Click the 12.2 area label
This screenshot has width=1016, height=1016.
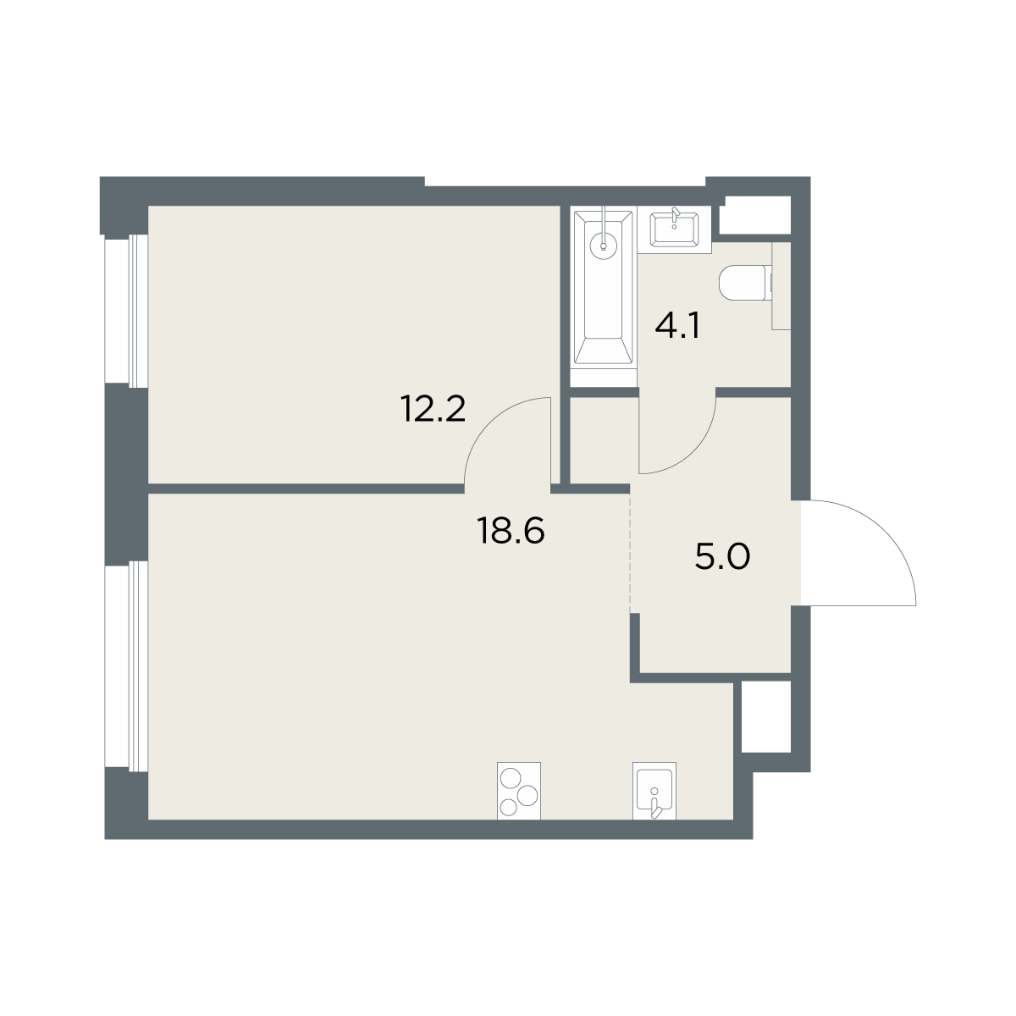tap(433, 409)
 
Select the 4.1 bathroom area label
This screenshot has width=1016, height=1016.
tap(677, 326)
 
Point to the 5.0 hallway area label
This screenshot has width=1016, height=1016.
tap(722, 557)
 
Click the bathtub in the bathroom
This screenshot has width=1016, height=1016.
tap(603, 288)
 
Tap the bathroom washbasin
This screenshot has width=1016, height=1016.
tap(674, 229)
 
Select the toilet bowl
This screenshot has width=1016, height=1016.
tap(745, 283)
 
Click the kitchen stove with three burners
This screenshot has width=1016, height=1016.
tap(519, 791)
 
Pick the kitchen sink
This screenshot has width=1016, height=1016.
tap(654, 791)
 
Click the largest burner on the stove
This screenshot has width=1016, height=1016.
tap(511, 781)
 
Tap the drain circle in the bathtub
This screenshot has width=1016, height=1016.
tap(603, 246)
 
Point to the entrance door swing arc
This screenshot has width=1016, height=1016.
tap(883, 533)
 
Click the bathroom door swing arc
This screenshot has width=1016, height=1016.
tap(693, 450)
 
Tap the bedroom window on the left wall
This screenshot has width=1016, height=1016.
tap(126, 311)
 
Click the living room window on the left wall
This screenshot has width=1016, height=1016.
tap(126, 666)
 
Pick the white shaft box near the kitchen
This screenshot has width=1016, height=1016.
tap(766, 716)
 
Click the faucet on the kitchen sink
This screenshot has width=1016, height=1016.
tap(655, 808)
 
